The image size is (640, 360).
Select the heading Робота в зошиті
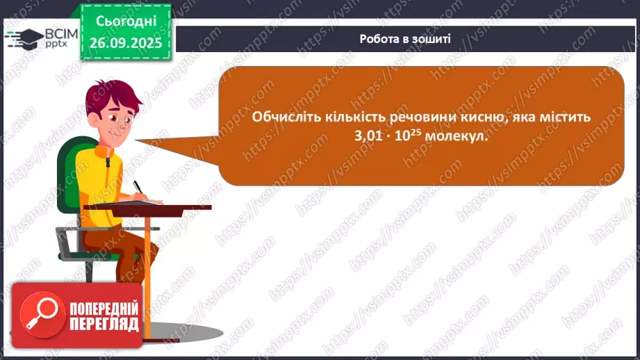pyautogui.click(x=405, y=38)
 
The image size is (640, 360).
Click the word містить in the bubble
pyautogui.click(x=566, y=117)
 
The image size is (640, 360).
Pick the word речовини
pyautogui.click(x=409, y=117)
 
